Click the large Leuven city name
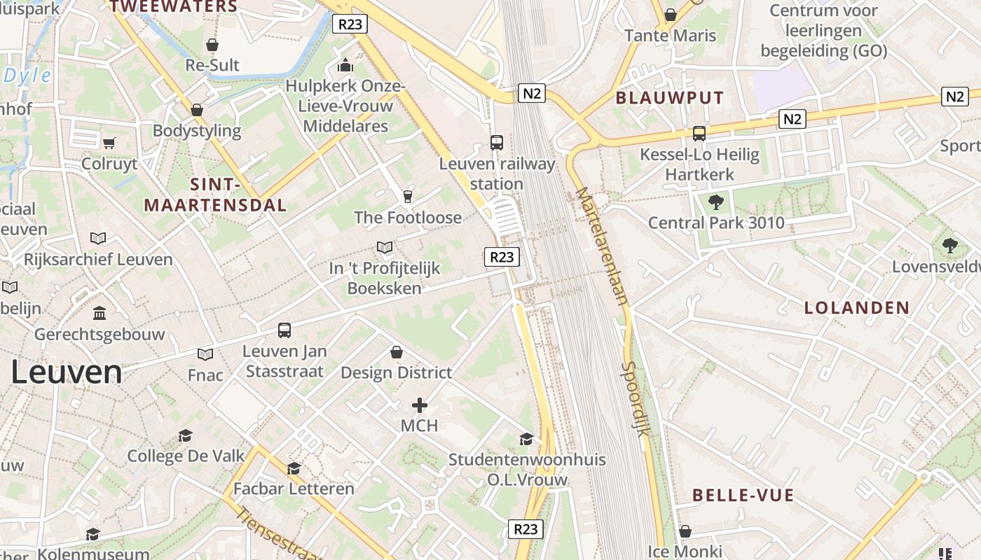click(67, 372)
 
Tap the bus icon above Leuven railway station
click(497, 143)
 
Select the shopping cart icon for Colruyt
click(109, 143)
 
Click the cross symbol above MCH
click(420, 405)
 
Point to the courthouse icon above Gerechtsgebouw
click(100, 312)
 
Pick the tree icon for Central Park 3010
click(715, 203)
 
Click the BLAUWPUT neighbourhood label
click(669, 98)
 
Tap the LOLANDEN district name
click(856, 308)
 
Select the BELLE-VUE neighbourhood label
click(743, 496)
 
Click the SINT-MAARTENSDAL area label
click(215, 195)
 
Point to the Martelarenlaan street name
click(601, 244)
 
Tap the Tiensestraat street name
click(277, 535)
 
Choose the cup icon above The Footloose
click(408, 196)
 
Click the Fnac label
click(205, 375)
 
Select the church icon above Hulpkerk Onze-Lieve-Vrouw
click(345, 66)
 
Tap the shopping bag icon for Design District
click(397, 352)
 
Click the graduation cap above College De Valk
click(185, 436)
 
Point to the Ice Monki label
click(685, 552)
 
